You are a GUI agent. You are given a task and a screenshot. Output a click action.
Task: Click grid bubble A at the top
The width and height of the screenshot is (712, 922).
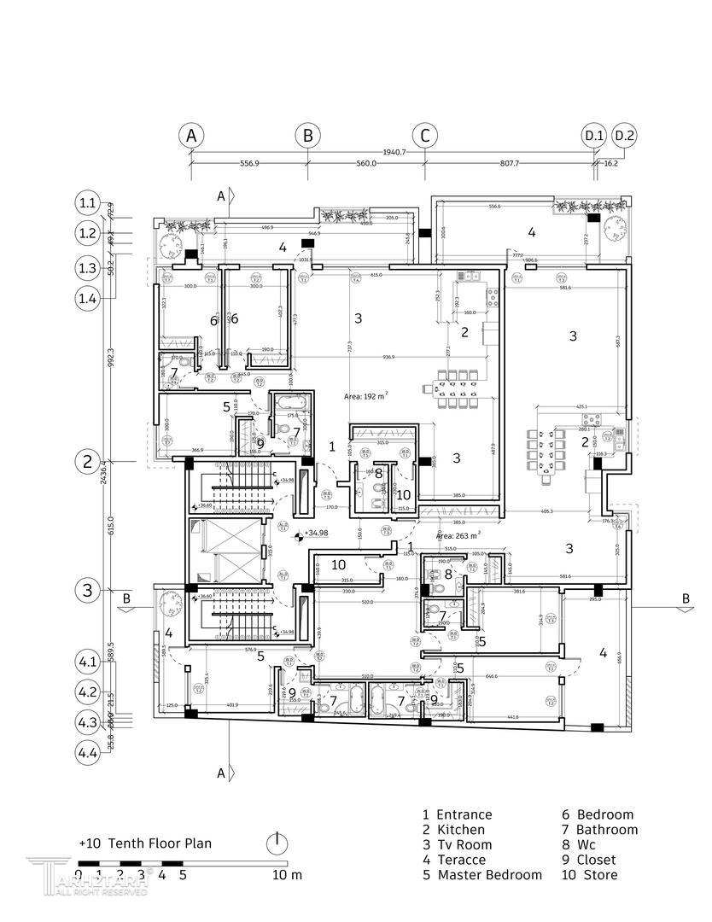(x=191, y=136)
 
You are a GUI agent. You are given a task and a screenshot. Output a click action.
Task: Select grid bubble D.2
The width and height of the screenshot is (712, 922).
(x=625, y=136)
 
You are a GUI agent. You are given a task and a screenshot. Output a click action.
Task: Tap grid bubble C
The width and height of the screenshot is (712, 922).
(x=424, y=136)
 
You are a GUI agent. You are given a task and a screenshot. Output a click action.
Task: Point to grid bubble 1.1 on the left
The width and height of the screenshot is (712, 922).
(x=88, y=203)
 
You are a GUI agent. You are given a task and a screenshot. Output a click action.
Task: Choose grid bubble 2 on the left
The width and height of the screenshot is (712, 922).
(x=88, y=462)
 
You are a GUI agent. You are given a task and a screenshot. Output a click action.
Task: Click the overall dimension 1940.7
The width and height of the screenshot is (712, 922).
(x=394, y=151)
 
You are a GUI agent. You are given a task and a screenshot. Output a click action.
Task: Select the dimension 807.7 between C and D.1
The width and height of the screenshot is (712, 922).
(x=510, y=163)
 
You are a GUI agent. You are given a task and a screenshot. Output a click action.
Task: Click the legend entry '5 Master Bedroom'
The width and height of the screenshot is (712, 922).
(x=482, y=875)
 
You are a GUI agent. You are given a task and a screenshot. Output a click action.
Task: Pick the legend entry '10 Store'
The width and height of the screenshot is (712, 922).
(x=589, y=875)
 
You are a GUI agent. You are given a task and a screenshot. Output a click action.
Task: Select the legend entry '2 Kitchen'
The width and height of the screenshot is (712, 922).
(x=454, y=830)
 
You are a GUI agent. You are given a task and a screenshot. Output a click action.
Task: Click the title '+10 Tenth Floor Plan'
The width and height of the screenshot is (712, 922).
(x=145, y=843)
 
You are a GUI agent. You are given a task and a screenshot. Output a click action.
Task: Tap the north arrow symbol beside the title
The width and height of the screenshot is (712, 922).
(x=276, y=843)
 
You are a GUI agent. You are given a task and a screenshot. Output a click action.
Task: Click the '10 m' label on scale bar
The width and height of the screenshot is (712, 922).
(x=288, y=875)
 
